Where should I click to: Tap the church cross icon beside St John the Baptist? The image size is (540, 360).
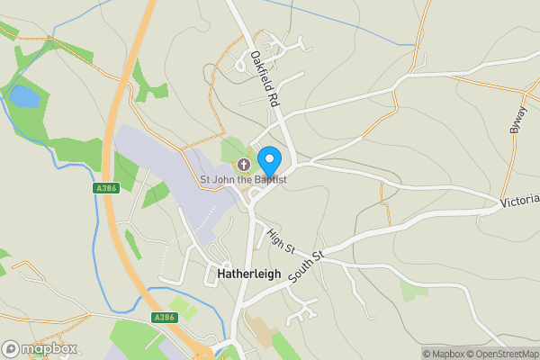(243, 165)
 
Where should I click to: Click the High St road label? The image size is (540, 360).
(280, 243)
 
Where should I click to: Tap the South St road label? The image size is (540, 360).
(306, 268)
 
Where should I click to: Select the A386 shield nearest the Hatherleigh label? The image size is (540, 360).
(164, 318)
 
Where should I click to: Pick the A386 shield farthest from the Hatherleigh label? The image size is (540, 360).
(105, 188)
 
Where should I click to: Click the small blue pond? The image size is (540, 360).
(24, 96)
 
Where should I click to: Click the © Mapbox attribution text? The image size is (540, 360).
(445, 354)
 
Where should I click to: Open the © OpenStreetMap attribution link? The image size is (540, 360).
(502, 354)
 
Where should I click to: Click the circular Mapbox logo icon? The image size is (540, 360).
(12, 348)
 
